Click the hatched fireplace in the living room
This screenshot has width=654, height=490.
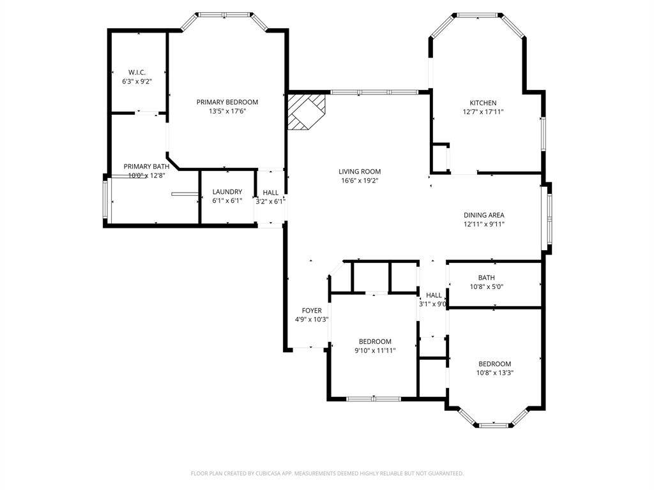pyautogui.click(x=306, y=111)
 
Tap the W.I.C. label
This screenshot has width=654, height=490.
pyautogui.click(x=137, y=72)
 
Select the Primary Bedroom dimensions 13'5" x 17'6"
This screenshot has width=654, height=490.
pyautogui.click(x=227, y=111)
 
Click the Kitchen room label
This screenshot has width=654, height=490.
pyautogui.click(x=483, y=103)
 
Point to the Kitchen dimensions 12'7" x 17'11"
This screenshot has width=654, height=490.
pyautogui.click(x=483, y=112)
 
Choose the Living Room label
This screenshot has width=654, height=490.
pyautogui.click(x=360, y=171)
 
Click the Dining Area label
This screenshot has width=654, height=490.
pyautogui.click(x=483, y=215)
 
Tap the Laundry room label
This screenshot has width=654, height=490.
pyautogui.click(x=227, y=191)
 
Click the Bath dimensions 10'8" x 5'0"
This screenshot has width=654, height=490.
pyautogui.click(x=486, y=286)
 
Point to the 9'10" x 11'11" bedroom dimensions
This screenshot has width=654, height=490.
pyautogui.click(x=375, y=350)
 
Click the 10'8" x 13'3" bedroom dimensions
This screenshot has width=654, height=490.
pyautogui.click(x=495, y=373)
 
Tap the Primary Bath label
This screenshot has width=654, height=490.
pyautogui.click(x=146, y=166)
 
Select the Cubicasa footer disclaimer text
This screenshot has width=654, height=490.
pyautogui.click(x=327, y=473)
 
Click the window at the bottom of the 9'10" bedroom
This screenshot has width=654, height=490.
pyautogui.click(x=374, y=399)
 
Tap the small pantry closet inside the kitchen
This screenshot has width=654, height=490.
pyautogui.click(x=440, y=157)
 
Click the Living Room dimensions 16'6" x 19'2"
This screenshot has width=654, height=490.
pyautogui.click(x=360, y=181)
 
